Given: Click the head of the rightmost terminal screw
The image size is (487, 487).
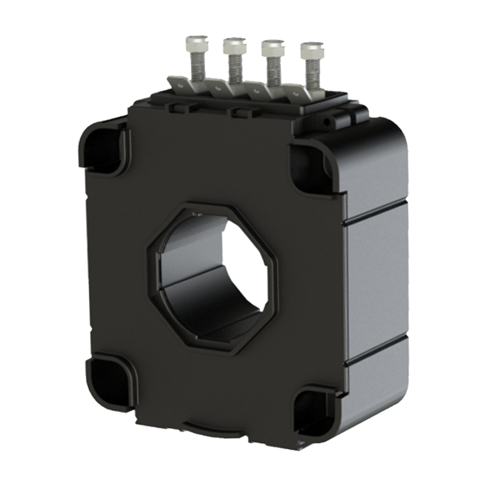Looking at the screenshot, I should click(311, 51).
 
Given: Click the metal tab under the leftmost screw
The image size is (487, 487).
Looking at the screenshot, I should click(194, 86).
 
